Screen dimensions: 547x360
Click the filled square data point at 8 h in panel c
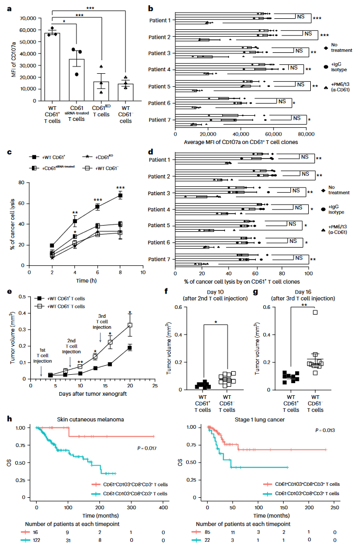(120, 195)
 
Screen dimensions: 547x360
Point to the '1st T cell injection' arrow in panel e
(40, 370)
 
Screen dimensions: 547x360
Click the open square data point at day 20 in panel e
(130, 325)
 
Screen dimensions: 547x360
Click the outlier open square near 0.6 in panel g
(315, 312)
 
